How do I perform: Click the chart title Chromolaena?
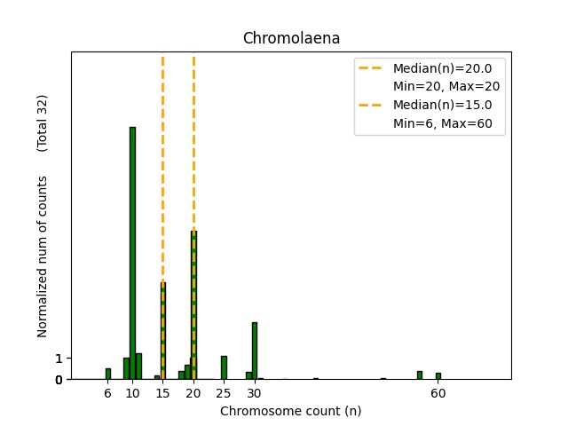click(291, 39)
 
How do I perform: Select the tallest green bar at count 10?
click(132, 253)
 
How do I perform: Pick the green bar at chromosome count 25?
click(224, 367)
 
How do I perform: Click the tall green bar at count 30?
click(255, 351)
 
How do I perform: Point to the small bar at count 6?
click(108, 374)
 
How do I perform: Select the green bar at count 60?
click(438, 375)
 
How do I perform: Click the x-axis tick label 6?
click(108, 393)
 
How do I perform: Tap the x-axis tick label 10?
click(132, 393)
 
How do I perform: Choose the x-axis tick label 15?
click(163, 393)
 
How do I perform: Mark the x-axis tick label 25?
click(224, 393)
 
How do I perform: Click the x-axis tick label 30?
click(255, 393)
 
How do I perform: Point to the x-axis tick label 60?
click(438, 393)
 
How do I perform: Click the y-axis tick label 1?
click(59, 359)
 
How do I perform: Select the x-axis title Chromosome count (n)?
click(291, 411)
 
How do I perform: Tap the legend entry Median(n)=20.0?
click(442, 67)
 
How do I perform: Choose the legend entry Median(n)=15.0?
click(442, 106)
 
